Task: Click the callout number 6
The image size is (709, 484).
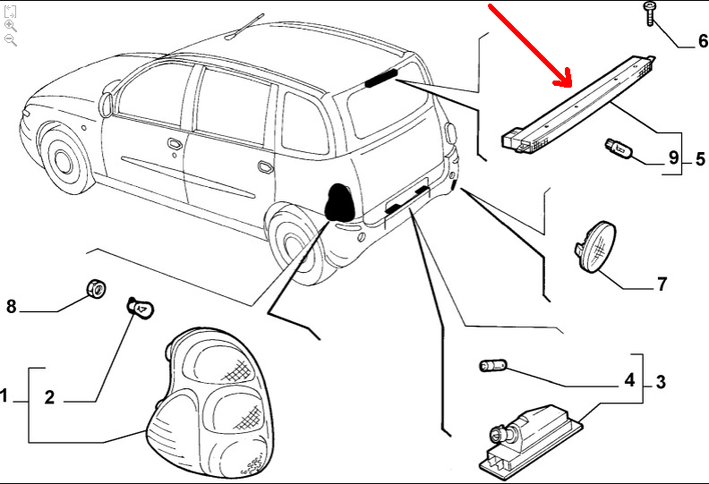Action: (703, 40)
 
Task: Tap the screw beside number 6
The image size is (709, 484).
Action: (650, 13)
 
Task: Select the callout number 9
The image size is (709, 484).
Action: (673, 157)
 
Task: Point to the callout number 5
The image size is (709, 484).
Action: (700, 158)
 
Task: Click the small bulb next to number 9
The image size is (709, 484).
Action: (618, 149)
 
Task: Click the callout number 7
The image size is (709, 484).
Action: (662, 284)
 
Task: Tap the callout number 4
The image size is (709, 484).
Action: (629, 380)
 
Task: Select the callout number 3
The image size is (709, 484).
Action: (661, 382)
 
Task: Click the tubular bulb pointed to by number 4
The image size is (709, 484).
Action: (493, 365)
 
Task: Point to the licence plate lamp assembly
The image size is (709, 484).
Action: (530, 438)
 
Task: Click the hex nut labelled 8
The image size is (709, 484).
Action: (96, 288)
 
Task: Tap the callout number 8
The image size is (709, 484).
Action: (12, 306)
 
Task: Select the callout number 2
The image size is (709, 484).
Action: (49, 397)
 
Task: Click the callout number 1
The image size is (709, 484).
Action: (4, 395)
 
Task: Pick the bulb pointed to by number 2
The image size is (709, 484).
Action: (140, 308)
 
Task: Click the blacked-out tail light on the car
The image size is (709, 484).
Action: (338, 201)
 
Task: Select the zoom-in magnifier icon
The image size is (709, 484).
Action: (11, 26)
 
